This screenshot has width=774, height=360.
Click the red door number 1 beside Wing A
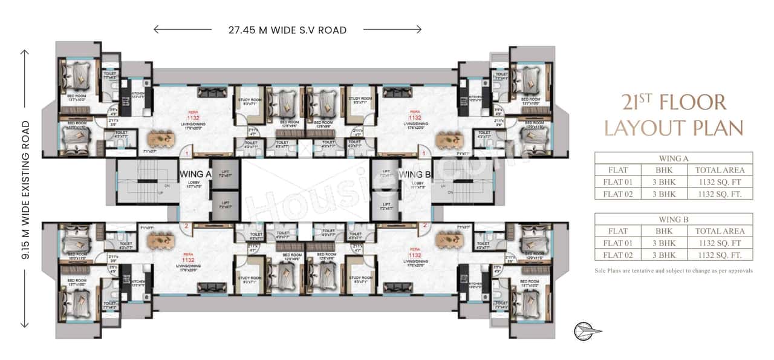187,155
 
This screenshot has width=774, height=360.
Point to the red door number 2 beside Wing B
426,225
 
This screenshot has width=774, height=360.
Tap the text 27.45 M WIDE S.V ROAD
287,30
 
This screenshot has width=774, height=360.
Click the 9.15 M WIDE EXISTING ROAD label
25,189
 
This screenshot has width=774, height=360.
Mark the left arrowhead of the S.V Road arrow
157,29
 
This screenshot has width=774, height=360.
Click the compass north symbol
587,330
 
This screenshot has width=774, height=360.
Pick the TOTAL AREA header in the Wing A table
720,170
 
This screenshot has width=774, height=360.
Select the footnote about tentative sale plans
674,271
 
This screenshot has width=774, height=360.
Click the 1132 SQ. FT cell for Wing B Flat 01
720,243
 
